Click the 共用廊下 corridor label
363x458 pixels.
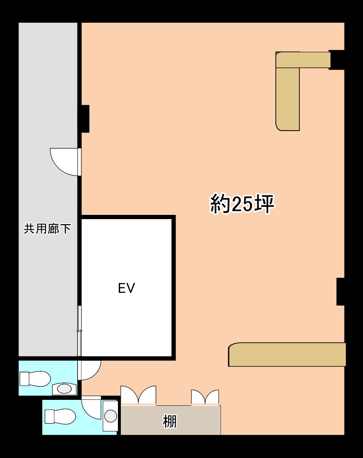(x=47, y=229)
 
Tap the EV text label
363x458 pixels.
(x=126, y=288)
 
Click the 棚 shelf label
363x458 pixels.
(x=170, y=421)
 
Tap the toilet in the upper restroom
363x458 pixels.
(x=35, y=378)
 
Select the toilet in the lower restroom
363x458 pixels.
(x=60, y=417)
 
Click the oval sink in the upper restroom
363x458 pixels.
(x=64, y=388)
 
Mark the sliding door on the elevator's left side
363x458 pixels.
(x=79, y=331)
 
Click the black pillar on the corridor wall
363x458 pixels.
(x=84, y=118)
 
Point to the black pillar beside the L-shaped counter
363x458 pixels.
(x=336, y=59)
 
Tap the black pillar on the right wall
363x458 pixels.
(x=340, y=292)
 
